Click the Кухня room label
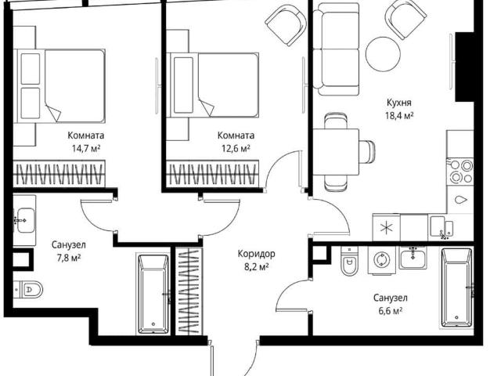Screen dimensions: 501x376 (399, 103)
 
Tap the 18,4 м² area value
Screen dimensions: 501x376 (399, 115)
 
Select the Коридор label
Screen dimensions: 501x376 (256, 254)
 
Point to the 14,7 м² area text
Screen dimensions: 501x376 (86, 148)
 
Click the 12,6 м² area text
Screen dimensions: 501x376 (236, 148)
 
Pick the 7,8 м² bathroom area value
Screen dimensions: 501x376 (69, 258)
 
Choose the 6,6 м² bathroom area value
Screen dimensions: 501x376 (390, 311)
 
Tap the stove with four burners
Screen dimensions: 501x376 (460, 172)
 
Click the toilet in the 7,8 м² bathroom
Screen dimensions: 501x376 (28, 289)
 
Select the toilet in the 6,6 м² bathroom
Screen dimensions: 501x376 (349, 261)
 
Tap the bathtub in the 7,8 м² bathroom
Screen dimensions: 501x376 (153, 295)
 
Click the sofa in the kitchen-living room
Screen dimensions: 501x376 (336, 49)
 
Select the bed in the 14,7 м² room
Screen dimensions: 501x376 (61, 85)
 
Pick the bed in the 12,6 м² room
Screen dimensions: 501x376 (213, 85)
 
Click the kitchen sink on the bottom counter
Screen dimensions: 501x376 (442, 227)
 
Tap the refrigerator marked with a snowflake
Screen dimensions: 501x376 (386, 228)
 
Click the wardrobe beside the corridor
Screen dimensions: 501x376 (189, 291)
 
